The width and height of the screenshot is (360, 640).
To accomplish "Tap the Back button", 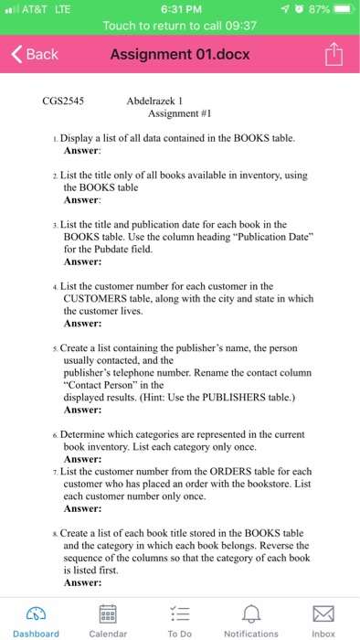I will [x=34, y=54].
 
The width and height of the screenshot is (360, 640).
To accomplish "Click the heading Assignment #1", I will [x=179, y=114].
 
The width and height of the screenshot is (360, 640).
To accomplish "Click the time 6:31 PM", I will [x=180, y=10].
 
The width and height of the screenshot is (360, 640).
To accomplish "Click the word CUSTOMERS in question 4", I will [x=95, y=298].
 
